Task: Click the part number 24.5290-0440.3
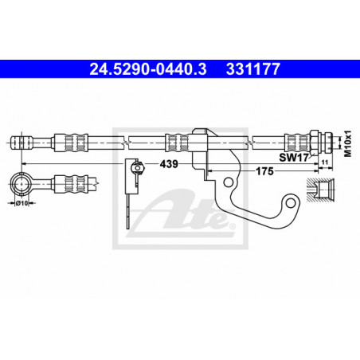tap(148, 69)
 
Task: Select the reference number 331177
tap(253, 69)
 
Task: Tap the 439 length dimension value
tap(169, 164)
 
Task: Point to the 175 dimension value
tap(264, 171)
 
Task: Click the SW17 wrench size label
tap(294, 158)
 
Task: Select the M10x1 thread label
tap(347, 143)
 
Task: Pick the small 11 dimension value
tap(325, 162)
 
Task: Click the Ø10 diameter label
tap(22, 203)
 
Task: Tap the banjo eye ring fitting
tap(21, 183)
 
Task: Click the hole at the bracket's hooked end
tap(291, 204)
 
